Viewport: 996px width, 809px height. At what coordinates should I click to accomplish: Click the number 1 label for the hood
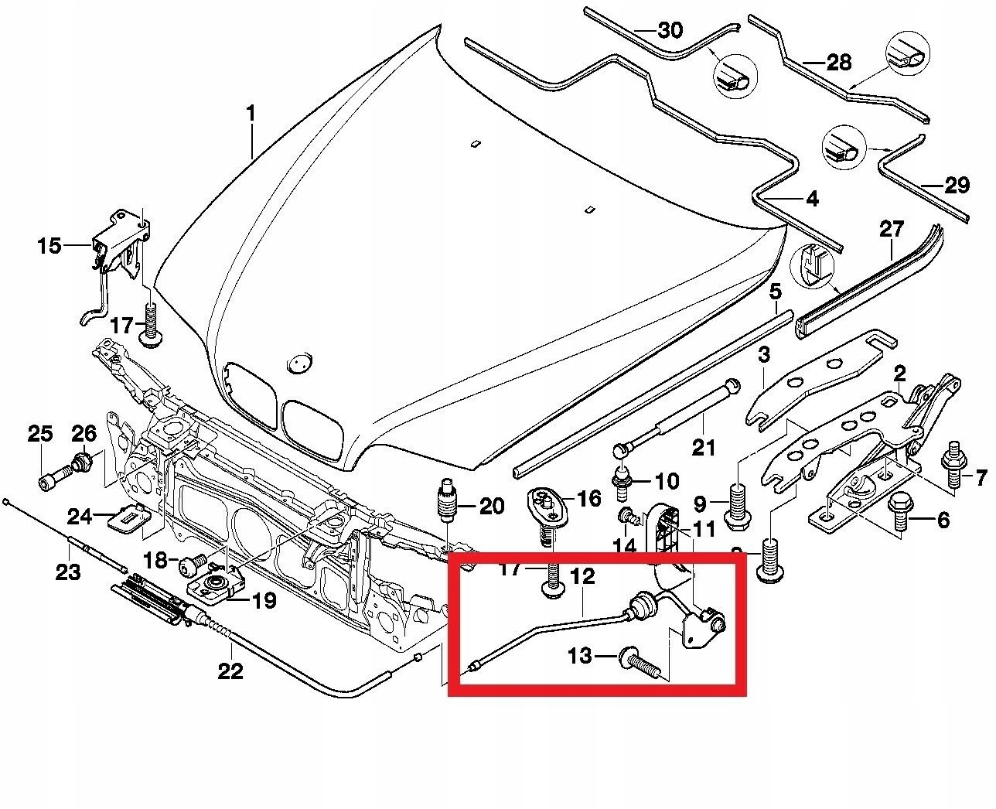[251, 114]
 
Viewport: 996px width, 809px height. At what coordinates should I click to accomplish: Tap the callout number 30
[670, 31]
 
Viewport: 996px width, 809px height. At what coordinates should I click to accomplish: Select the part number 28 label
[838, 62]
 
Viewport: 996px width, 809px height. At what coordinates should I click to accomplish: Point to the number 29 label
[956, 186]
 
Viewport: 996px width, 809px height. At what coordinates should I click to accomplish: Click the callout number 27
[891, 229]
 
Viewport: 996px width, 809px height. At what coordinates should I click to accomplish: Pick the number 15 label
[49, 246]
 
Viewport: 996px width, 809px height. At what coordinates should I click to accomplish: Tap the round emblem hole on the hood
[298, 362]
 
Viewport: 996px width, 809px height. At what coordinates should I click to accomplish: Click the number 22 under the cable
[230, 671]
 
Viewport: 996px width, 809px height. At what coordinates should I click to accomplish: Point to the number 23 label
[68, 572]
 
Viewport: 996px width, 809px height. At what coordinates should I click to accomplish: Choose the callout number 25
[40, 433]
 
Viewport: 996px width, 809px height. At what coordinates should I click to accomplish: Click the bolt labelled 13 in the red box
[638, 661]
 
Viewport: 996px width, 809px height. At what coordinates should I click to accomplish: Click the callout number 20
[491, 507]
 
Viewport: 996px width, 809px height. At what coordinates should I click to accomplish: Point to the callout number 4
[811, 200]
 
